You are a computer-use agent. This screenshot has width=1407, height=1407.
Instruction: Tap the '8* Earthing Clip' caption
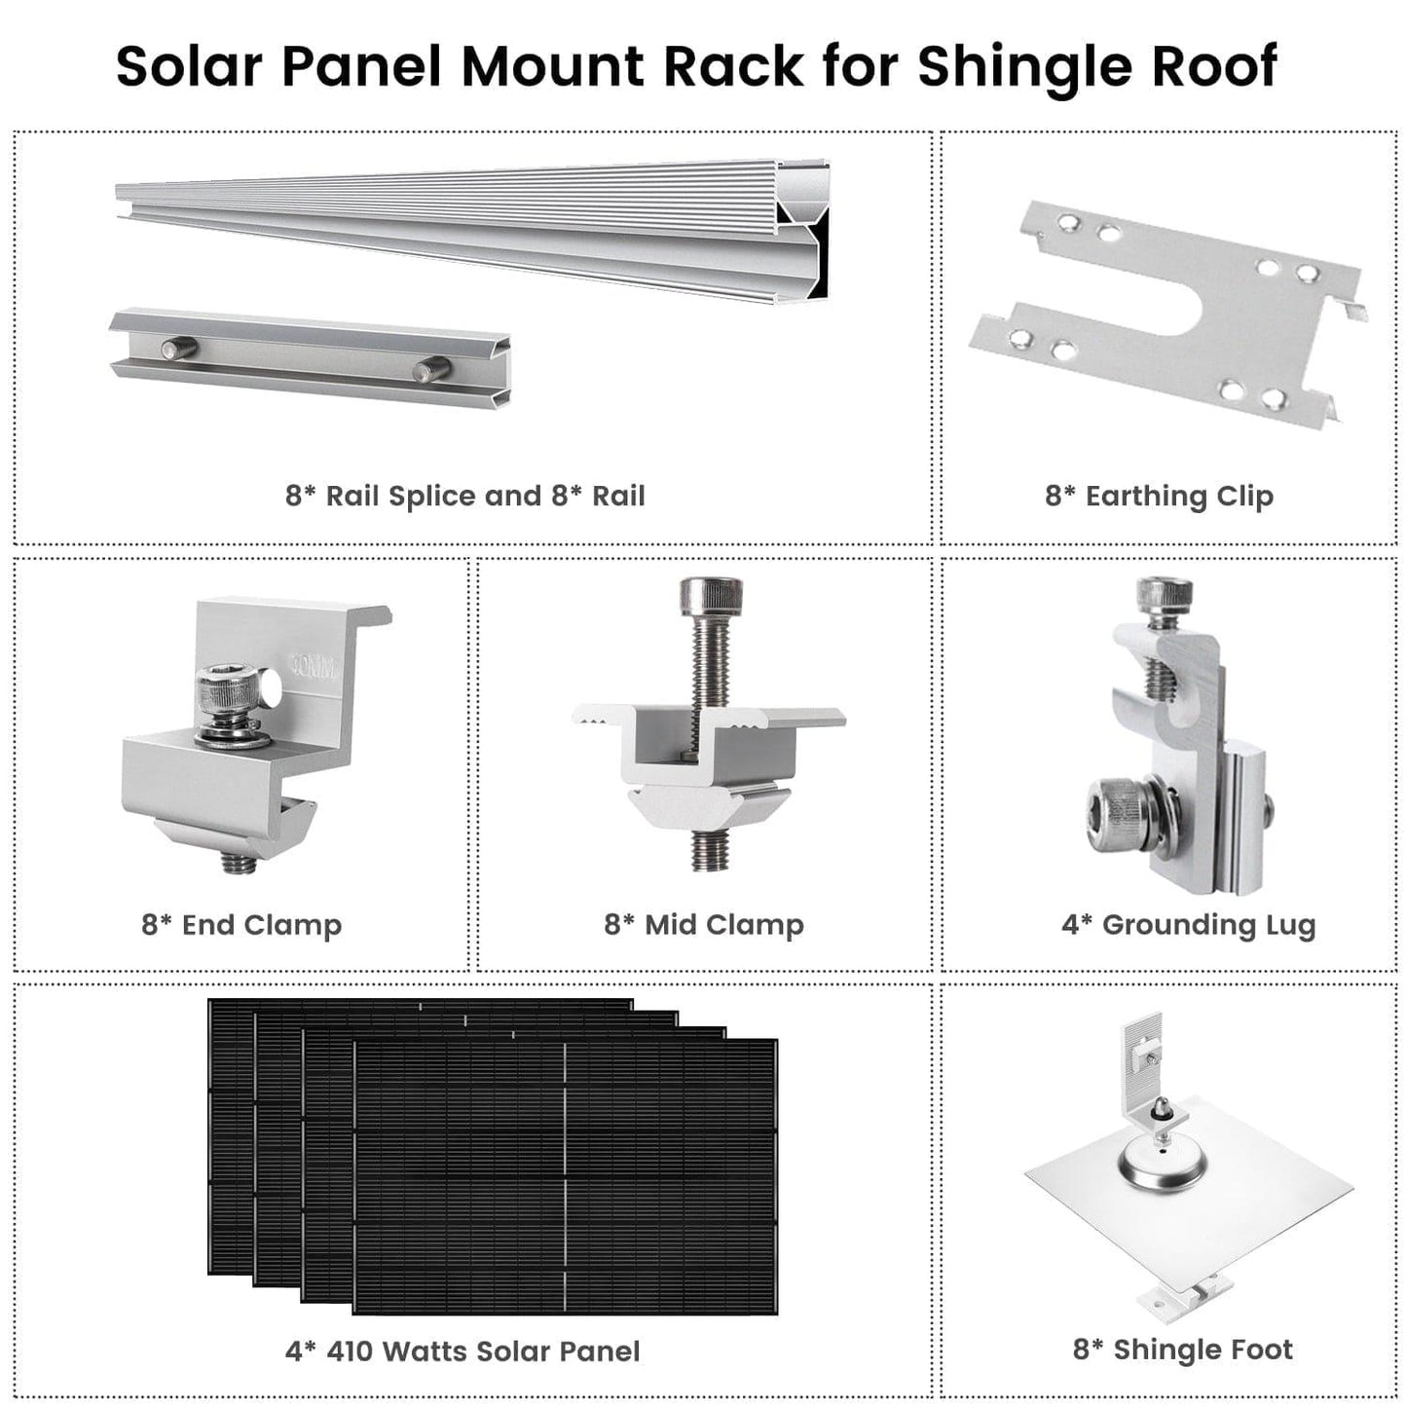point(1159,496)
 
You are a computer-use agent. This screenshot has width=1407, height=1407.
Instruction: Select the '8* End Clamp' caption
point(241,924)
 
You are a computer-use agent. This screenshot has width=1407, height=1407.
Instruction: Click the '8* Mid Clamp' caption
point(704,924)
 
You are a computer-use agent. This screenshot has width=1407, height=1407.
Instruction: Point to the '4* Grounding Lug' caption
point(1188,924)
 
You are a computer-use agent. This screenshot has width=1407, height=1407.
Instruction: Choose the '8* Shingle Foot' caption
point(1182,1350)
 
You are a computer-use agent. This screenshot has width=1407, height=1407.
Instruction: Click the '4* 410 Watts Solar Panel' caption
point(463,1351)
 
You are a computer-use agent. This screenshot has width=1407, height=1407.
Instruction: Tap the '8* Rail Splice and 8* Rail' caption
point(464,496)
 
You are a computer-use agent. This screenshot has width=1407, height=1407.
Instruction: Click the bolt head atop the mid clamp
point(711,596)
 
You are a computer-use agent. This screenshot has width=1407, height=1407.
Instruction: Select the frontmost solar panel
point(565,1178)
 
